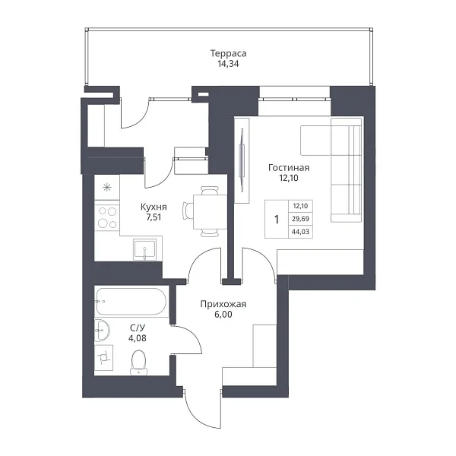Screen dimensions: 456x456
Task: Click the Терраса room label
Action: click(228, 53)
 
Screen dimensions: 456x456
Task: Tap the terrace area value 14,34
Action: click(228, 64)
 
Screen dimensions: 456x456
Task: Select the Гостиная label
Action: click(289, 168)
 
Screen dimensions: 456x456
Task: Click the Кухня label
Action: click(154, 207)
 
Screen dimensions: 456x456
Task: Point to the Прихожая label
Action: click(223, 304)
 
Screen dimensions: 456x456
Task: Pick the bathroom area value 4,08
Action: click(138, 338)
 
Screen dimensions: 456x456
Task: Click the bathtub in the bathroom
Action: click(131, 301)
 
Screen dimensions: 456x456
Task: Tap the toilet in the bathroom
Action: click(138, 363)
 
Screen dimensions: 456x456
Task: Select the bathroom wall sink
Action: click(102, 331)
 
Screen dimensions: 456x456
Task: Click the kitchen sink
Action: click(144, 249)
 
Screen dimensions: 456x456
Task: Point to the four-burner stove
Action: click(107, 217)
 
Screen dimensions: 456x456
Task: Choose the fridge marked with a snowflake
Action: click(107, 187)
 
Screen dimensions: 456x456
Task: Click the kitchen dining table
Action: click(210, 211)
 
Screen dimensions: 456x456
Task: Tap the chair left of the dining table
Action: click(188, 211)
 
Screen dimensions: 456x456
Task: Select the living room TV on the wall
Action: click(242, 160)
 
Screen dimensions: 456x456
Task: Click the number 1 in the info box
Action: click(277, 220)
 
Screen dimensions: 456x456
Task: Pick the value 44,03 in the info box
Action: click(300, 232)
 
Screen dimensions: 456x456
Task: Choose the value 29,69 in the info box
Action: click(300, 219)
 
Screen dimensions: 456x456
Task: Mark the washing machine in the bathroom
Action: click(104, 358)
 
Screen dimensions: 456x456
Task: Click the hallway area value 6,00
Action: click(223, 315)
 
